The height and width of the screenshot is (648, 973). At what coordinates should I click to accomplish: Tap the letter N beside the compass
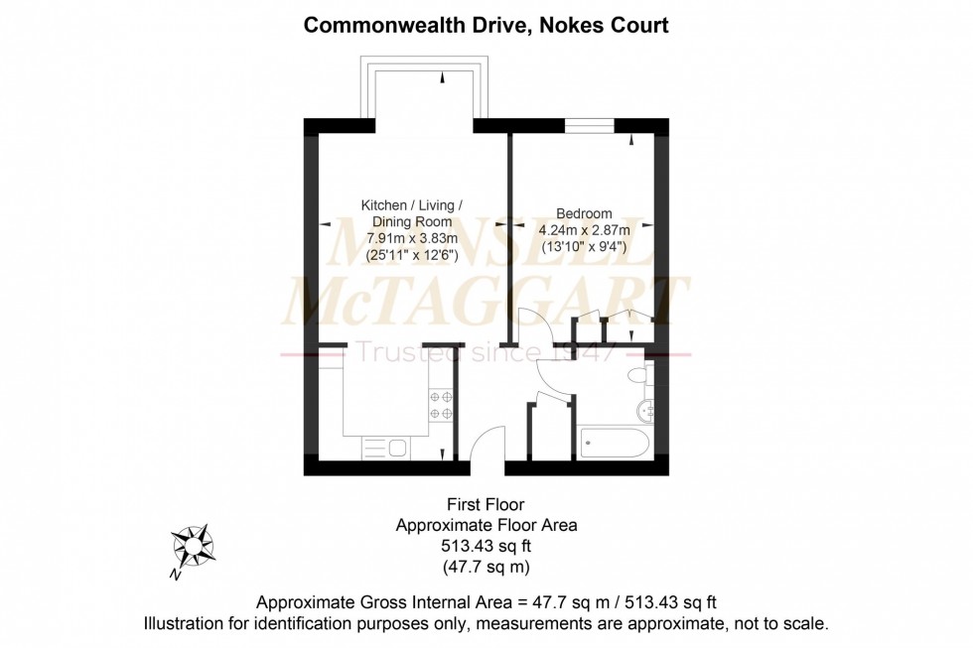pos(175,575)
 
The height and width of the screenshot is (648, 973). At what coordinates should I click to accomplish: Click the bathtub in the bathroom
pos(613,442)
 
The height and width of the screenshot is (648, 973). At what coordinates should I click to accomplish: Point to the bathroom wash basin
pos(647,410)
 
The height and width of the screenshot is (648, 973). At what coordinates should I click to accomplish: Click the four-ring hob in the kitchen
pos(440,405)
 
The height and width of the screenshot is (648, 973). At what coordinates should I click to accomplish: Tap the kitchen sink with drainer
pos(385,449)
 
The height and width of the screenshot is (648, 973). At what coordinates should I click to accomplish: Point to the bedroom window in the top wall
pos(590,126)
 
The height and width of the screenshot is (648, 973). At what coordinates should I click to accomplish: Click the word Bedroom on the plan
pos(584,213)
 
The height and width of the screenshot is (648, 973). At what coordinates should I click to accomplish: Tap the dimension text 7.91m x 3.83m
pos(411,238)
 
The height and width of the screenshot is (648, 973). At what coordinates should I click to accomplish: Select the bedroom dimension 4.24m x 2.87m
pos(582,230)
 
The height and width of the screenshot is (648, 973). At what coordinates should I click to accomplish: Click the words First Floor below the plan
pos(486,505)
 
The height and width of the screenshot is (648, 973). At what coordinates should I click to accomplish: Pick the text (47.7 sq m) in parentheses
pos(486,567)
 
